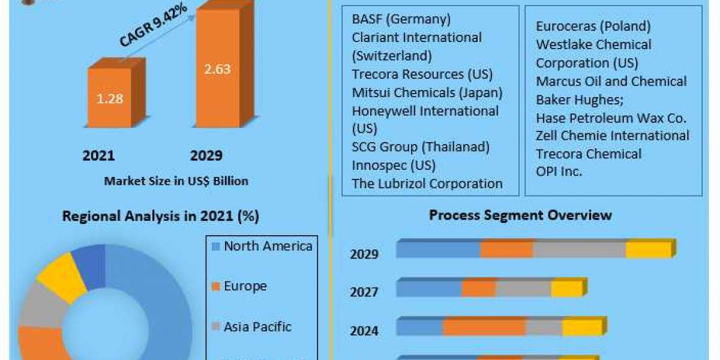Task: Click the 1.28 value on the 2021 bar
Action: click(x=110, y=98)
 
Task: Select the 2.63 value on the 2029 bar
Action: click(x=217, y=69)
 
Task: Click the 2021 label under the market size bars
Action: click(x=98, y=156)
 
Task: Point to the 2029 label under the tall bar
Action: click(x=206, y=156)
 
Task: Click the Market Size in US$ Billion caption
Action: click(x=176, y=181)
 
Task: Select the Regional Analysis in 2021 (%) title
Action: click(x=165, y=217)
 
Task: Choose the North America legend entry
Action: click(x=268, y=246)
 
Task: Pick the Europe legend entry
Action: click(x=245, y=286)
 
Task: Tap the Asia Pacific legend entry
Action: click(x=257, y=327)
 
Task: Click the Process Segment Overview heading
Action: click(x=520, y=215)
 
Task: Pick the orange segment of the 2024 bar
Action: click(x=484, y=328)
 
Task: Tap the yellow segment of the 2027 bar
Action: click(x=566, y=289)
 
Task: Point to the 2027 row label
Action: click(x=364, y=292)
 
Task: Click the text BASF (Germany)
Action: click(x=401, y=19)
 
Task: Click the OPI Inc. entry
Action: click(x=559, y=171)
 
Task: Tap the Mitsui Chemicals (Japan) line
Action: click(x=427, y=93)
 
